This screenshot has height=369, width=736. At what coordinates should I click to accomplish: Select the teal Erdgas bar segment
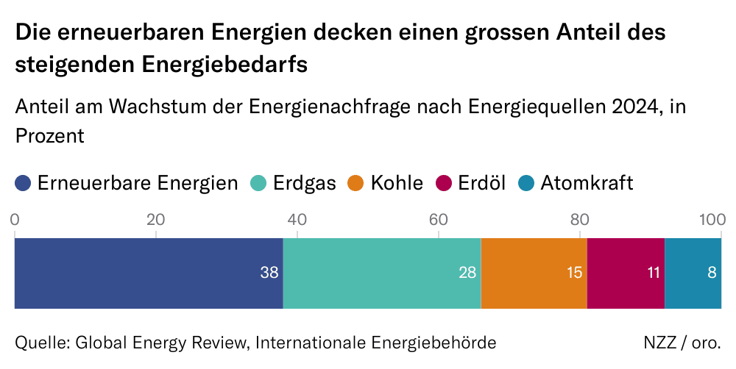pyautogui.click(x=381, y=273)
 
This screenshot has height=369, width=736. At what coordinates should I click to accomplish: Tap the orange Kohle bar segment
pyautogui.click(x=534, y=273)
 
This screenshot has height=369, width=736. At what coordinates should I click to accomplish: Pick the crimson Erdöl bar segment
pyautogui.click(x=626, y=273)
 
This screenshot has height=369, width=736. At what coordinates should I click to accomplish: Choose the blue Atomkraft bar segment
pyautogui.click(x=692, y=273)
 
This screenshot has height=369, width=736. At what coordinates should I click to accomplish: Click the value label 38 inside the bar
pyautogui.click(x=269, y=273)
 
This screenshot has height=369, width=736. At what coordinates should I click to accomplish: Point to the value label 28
pyautogui.click(x=467, y=273)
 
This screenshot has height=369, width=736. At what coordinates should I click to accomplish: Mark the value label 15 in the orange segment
pyautogui.click(x=574, y=273)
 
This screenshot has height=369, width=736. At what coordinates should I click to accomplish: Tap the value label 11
pyautogui.click(x=652, y=273)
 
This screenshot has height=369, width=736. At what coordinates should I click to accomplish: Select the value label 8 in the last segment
pyautogui.click(x=712, y=273)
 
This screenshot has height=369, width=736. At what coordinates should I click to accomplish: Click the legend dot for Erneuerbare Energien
pyautogui.click(x=24, y=183)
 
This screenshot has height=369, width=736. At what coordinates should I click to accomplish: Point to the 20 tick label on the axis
pyautogui.click(x=155, y=219)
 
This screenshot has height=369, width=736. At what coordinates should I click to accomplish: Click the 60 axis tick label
pyautogui.click(x=438, y=219)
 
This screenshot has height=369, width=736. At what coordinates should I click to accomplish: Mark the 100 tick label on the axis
pyautogui.click(x=712, y=219)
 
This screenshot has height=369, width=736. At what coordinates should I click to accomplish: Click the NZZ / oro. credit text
pyautogui.click(x=682, y=343)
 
